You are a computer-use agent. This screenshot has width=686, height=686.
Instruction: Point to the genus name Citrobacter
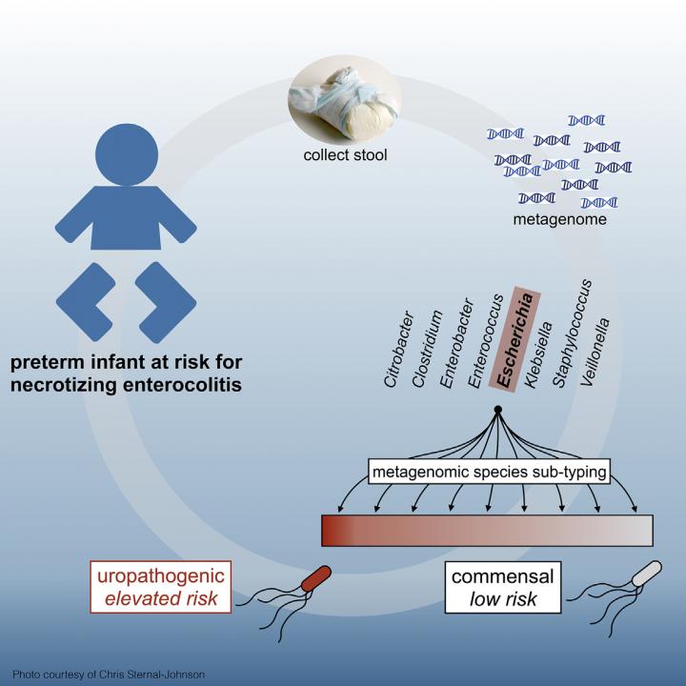pos(396,349)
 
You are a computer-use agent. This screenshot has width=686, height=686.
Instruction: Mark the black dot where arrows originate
pos(497,411)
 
